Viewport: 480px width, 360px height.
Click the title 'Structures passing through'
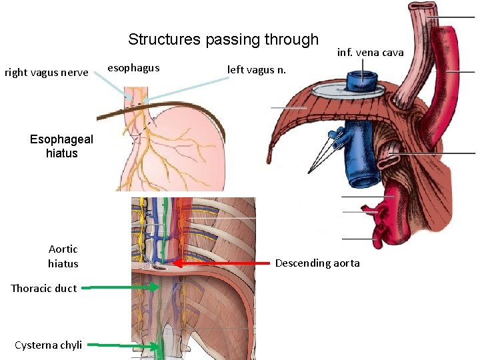coord(223,40)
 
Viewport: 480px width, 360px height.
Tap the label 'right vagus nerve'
coord(47,72)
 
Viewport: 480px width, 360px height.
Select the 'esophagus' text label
coord(133,67)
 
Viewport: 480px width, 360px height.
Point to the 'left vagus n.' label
coord(257,69)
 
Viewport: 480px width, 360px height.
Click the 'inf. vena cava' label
coord(370,53)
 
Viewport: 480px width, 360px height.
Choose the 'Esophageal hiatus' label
coord(62,147)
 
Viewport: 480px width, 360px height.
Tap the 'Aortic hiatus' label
coord(63,256)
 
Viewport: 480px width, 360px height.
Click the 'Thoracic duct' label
coord(44,288)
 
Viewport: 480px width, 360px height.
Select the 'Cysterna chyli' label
coord(49,345)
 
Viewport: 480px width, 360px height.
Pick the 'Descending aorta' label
coord(317,263)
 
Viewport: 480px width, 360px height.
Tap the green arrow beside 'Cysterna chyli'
coord(127,345)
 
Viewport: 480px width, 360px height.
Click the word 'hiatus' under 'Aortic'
coord(63,264)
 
